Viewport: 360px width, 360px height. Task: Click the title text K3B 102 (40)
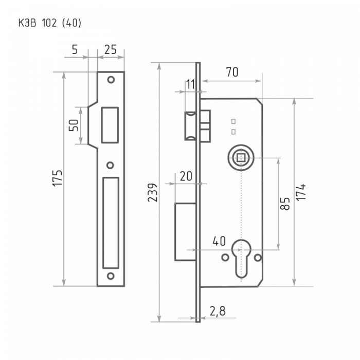pos(50,23)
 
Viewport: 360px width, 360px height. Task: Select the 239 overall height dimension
pos(153,192)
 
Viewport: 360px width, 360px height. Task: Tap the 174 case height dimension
pos(301,192)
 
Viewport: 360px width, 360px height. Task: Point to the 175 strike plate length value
pos(57,178)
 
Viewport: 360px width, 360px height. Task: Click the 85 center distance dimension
pos(285,204)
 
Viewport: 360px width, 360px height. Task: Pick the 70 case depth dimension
pos(232,72)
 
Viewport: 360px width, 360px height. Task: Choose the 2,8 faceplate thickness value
pos(218,311)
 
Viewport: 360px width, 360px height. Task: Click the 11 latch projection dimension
pos(190,84)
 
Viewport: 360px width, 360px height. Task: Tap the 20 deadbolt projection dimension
pos(186,176)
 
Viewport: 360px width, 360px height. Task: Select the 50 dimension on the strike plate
pos(74,125)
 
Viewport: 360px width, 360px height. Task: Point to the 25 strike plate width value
pos(111,49)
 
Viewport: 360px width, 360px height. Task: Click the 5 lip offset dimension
pos(75,49)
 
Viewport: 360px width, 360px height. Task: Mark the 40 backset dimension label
pos(219,241)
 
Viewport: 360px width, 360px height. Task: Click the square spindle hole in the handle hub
pos(241,158)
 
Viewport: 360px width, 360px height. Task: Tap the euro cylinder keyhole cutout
pos(241,259)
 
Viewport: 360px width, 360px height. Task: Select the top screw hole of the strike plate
pos(111,80)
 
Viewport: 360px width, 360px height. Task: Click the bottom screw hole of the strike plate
pos(111,276)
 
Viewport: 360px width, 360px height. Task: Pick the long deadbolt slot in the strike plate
pos(111,223)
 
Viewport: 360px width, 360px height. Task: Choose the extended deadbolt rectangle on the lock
pos(185,232)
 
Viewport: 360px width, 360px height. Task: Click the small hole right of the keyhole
pos(258,258)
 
